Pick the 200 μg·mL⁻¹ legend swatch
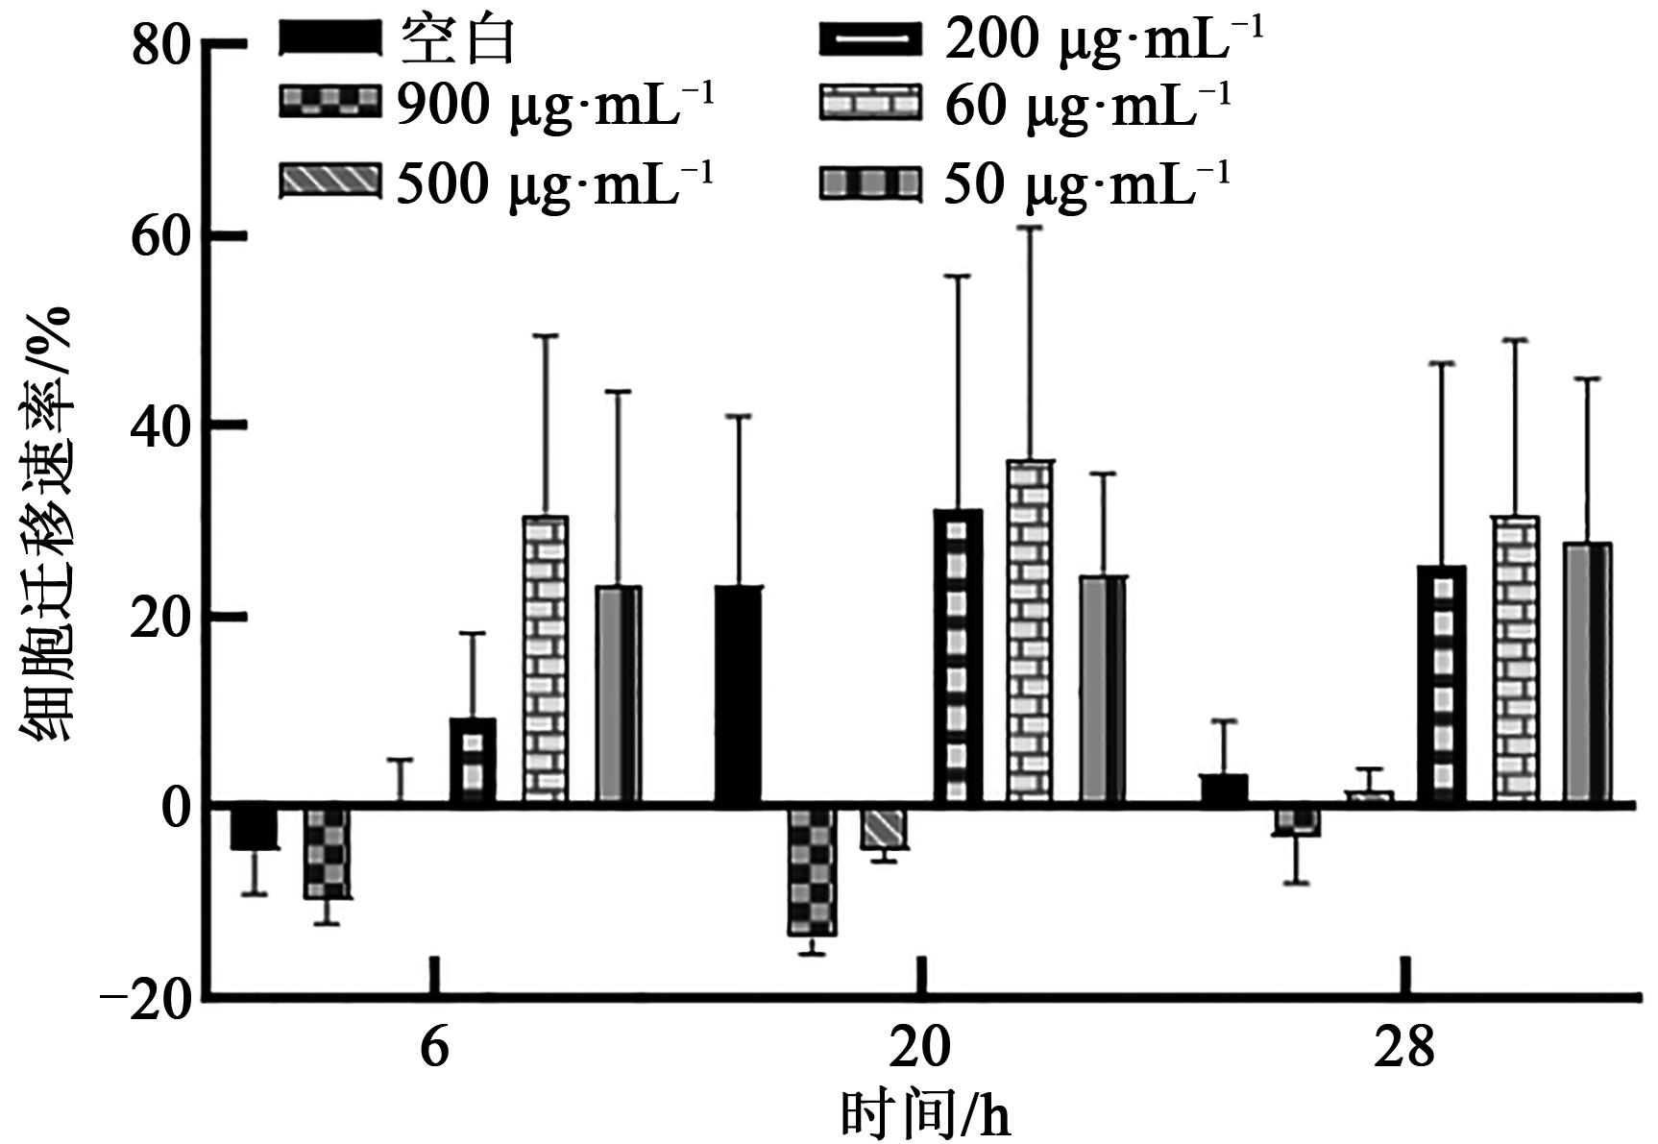tap(869, 40)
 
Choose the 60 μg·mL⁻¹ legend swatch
tap(869, 102)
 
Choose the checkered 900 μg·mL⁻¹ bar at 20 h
tap(812, 869)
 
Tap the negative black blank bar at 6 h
tap(254, 827)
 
